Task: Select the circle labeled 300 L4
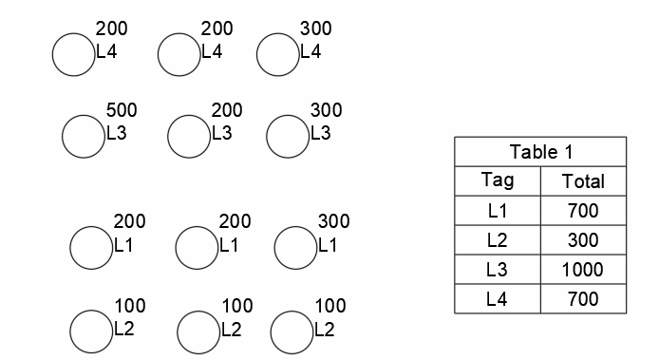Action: (x=277, y=54)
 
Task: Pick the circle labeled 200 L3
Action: (x=188, y=137)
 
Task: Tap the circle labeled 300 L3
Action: (x=287, y=137)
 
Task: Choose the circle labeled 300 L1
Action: (x=294, y=247)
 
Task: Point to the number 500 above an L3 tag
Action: (x=122, y=111)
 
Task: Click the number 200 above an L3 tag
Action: (x=227, y=111)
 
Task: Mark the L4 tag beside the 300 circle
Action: (x=311, y=53)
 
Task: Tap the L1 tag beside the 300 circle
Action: (x=328, y=246)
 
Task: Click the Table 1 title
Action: (x=541, y=152)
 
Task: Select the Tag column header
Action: (x=498, y=180)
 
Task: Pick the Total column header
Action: (x=583, y=180)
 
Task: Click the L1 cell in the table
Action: (x=498, y=211)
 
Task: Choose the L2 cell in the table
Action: (x=498, y=240)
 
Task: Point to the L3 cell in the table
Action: (x=498, y=270)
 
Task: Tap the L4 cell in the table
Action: (x=498, y=299)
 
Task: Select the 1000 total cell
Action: (x=583, y=270)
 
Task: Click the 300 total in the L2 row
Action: (x=583, y=240)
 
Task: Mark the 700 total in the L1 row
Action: (x=583, y=211)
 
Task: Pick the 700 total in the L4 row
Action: (x=583, y=299)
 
